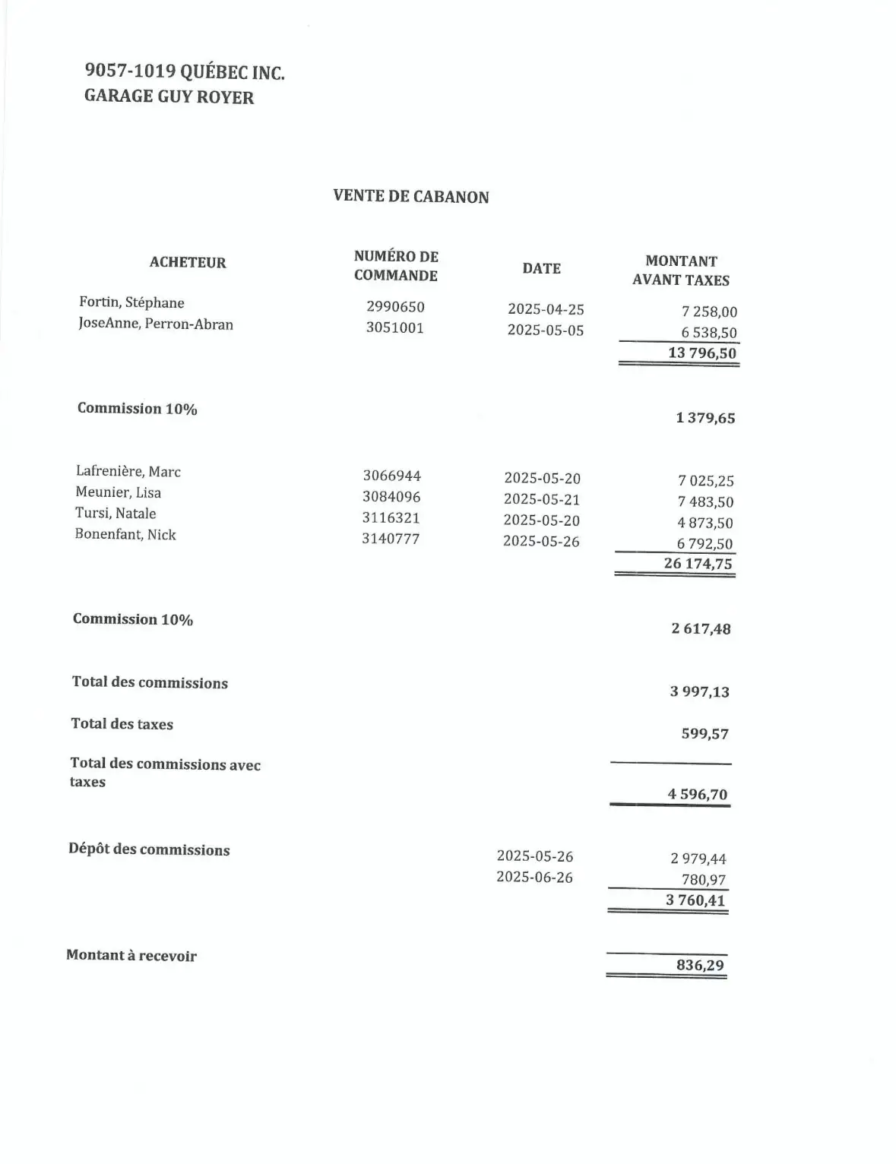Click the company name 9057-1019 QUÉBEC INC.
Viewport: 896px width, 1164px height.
185,72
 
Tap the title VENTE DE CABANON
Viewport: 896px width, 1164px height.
410,197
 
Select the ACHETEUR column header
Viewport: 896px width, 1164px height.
188,263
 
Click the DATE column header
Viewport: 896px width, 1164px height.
541,268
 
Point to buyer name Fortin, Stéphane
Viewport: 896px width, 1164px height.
131,302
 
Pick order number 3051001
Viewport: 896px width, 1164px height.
394,328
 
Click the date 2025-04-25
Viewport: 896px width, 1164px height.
546,309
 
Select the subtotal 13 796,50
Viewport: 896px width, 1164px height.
701,353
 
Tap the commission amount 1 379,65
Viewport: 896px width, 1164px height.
705,418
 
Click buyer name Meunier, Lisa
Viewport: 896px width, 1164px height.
119,492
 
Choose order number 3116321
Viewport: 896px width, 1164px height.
391,518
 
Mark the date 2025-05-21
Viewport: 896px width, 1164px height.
541,500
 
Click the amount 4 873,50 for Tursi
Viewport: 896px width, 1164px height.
704,523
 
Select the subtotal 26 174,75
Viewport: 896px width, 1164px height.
698,564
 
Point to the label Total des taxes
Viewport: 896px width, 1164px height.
122,724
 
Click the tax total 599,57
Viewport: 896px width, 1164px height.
704,734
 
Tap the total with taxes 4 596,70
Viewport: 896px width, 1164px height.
698,795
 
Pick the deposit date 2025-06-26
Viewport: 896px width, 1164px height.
534,878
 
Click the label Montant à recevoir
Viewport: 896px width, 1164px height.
131,956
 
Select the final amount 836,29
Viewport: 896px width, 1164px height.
700,966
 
